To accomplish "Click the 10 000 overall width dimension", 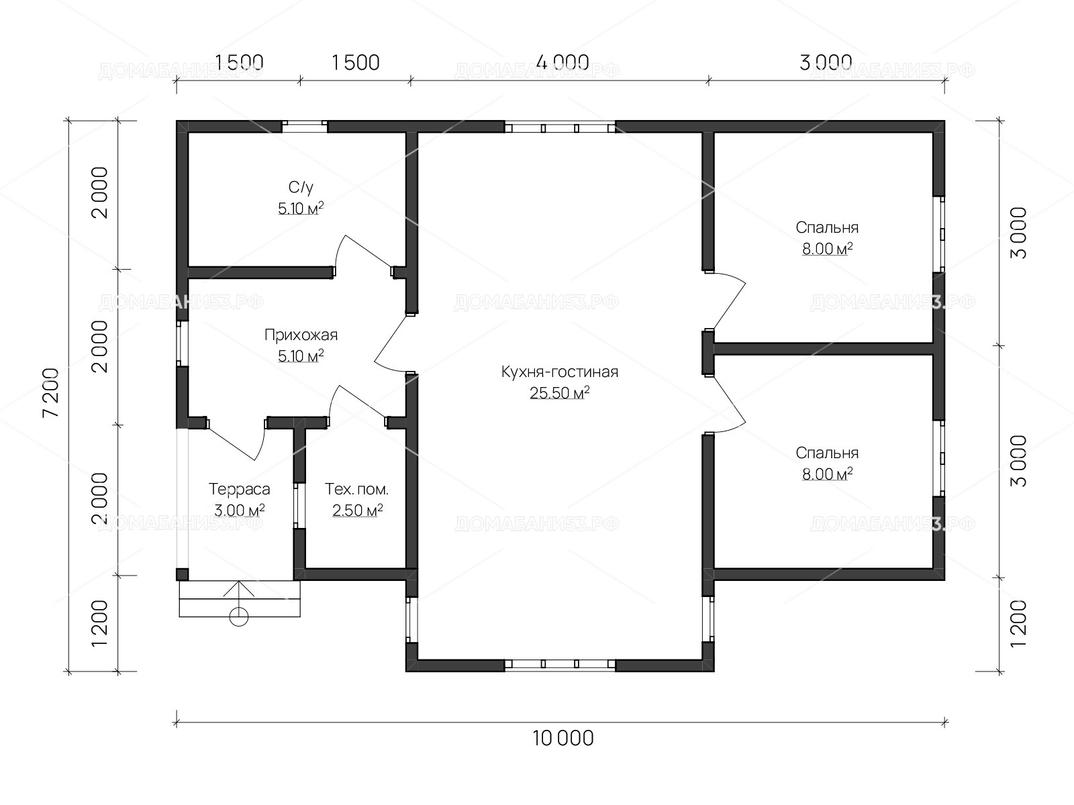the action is coord(563,739).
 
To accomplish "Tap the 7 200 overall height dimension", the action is coord(51,393).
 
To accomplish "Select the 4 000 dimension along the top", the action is coord(563,62).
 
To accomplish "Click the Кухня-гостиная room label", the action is coord(560,372).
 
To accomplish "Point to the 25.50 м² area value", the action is coord(560,392).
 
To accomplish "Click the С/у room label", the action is coord(301,187).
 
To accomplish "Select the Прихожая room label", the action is coord(301,335).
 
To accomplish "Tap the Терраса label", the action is coord(239,489).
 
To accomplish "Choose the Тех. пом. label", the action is coord(356,489).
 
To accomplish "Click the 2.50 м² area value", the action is coord(357,511).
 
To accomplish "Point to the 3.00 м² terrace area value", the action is coord(239,511).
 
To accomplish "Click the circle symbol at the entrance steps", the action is coord(239,616).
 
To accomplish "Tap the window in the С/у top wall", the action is coord(304,127).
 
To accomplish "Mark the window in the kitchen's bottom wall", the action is coord(560,663).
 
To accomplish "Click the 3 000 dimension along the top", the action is coord(826,62).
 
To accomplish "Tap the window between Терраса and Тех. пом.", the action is coord(299,505).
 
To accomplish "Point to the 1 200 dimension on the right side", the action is coord(1019,623).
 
